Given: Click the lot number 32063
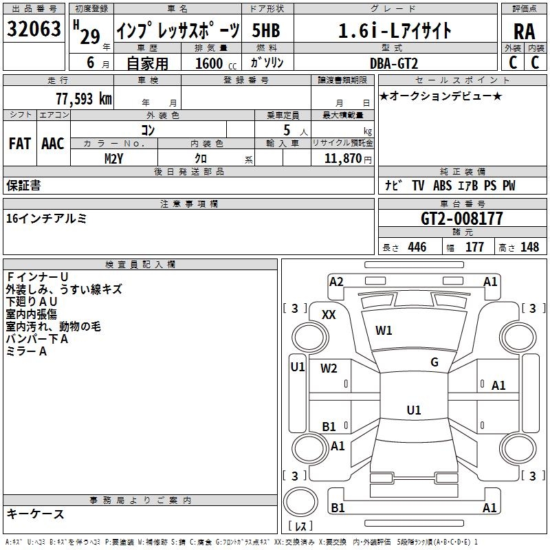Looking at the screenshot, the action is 34,29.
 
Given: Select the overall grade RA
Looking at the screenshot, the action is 524,32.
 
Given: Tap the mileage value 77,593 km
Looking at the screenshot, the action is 84,99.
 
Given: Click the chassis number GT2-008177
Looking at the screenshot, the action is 461,219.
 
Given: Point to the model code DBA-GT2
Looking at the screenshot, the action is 394,63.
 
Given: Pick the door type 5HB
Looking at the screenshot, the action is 266,30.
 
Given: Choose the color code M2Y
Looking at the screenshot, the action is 113,159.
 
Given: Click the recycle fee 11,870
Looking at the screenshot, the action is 342,159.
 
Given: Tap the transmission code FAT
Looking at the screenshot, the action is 20,144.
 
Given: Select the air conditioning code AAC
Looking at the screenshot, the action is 53,144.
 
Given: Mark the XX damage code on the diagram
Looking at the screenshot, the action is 329,315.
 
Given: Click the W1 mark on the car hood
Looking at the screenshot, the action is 384,331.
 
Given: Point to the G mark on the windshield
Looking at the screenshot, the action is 434,362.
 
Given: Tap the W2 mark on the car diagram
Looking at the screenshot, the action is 329,368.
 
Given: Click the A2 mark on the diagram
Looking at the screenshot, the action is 336,282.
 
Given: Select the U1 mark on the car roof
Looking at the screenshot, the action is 414,410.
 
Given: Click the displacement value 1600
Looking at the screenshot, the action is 209,63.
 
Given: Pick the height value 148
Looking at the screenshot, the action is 529,247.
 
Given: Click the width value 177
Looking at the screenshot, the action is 474,247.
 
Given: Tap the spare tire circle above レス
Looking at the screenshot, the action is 300,502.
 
